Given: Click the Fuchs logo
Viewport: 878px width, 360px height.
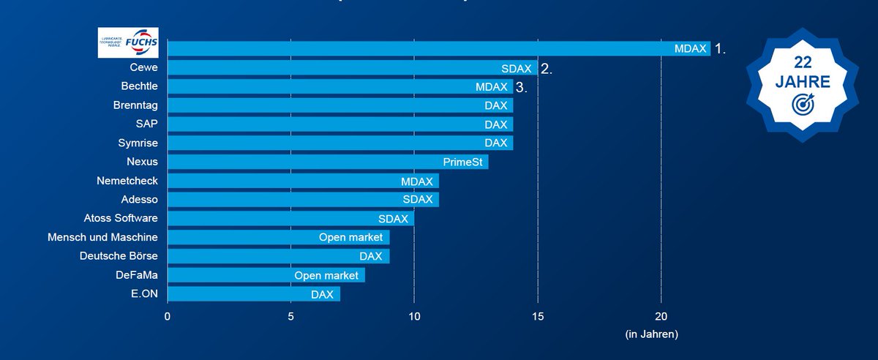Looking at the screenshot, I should coord(128,42).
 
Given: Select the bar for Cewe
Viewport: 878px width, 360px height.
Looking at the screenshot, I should coord(351,68).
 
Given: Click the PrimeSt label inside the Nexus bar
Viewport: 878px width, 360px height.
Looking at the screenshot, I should coord(462,162).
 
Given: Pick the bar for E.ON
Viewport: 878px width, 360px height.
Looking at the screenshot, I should coord(253,294).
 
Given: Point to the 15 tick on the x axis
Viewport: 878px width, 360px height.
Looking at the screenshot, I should coord(538,316).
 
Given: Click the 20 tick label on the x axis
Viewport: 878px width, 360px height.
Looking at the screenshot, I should coord(661,316).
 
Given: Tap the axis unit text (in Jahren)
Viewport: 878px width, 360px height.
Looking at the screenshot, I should coord(651,334).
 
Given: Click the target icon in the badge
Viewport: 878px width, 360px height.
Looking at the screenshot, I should coord(803,105).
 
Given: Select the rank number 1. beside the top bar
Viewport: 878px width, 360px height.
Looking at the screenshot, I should coord(721,49).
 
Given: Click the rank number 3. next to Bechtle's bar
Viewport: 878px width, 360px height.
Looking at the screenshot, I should coord(521,87).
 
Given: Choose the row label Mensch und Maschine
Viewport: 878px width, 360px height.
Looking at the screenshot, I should coord(102,237).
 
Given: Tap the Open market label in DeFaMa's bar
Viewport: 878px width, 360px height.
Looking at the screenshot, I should coord(326,275).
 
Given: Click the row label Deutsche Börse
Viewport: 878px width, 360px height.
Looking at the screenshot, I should coord(119,256).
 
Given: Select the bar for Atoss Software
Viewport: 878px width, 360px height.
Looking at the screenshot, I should coord(290,218).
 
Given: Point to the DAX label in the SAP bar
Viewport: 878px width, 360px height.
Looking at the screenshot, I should coord(495,124).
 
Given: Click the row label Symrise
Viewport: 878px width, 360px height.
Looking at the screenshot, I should coord(138,143).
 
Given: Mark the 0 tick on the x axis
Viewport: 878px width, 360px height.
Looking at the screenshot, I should coord(168,316).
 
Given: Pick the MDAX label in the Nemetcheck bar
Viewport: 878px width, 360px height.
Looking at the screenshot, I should coord(417,181).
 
